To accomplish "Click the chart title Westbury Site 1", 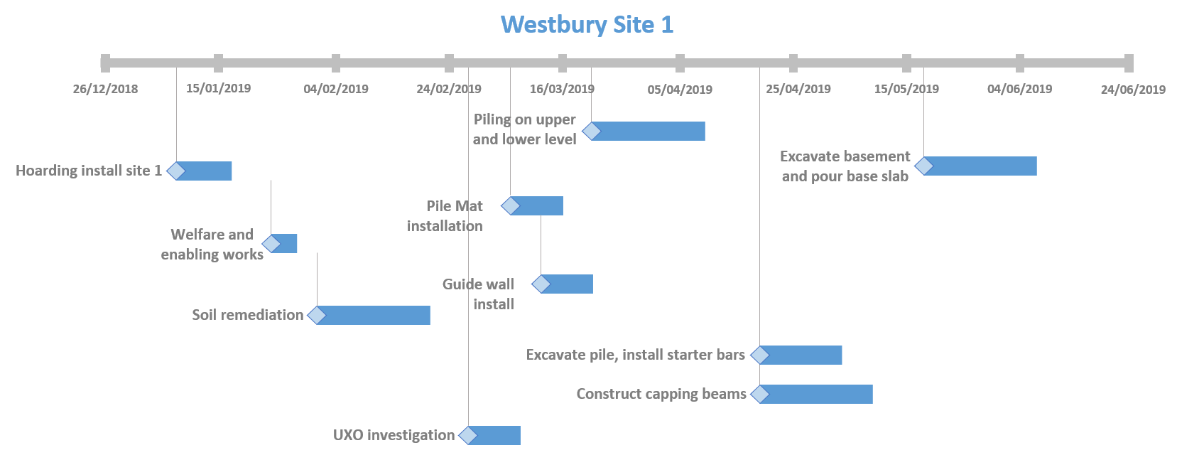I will click(x=587, y=25).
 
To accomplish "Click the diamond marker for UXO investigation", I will click(x=468, y=435).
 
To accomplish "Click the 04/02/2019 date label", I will click(x=336, y=89).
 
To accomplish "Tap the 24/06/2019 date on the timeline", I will click(x=1133, y=90).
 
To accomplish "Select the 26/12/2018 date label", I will click(x=105, y=89).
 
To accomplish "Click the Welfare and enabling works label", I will click(x=212, y=245).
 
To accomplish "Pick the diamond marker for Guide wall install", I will click(x=541, y=284).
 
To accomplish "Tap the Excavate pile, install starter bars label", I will click(x=635, y=355).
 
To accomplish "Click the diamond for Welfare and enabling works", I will click(x=271, y=244).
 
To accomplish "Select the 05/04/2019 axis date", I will click(x=680, y=90).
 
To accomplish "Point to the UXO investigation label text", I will click(x=394, y=435).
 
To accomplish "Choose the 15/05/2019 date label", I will click(x=906, y=89).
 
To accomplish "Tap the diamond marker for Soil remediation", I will click(x=317, y=315).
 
